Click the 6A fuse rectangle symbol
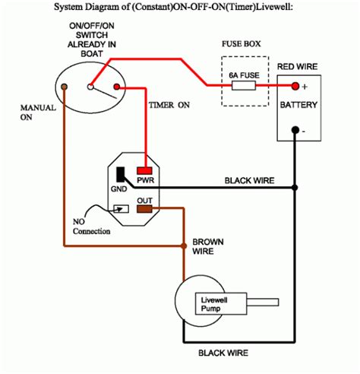pos(244,85)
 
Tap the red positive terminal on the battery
pos(295,86)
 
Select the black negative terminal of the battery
pos(295,130)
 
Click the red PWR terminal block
pos(144,170)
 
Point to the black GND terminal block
pos(121,174)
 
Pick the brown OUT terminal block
pos(144,209)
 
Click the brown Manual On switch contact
pos(65,87)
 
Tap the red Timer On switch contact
pos(117,87)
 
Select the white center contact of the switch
pos(90,87)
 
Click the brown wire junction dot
pos(184,246)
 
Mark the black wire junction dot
pos(295,188)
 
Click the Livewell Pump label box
pos(221,304)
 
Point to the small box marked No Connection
pos(121,209)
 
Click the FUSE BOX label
pos(241,44)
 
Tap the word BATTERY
pos(298,105)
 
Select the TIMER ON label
pos(169,105)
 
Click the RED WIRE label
pos(297,67)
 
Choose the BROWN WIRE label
pos(208,246)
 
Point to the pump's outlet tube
pos(263,302)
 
